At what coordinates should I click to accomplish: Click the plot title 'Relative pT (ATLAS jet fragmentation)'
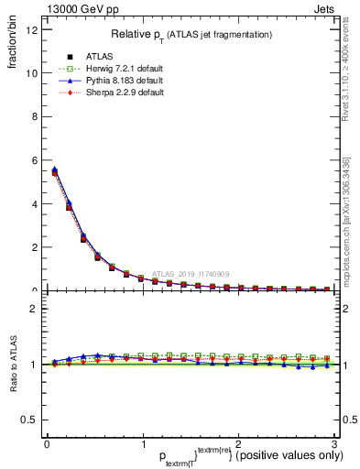[x=191, y=34]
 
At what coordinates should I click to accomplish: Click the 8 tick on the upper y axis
[x=33, y=116]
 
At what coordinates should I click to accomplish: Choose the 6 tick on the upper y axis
[x=33, y=160]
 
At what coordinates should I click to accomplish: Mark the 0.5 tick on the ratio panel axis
[x=28, y=420]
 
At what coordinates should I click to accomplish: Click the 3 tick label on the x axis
[x=333, y=443]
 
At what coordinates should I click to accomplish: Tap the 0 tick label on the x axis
[x=47, y=443]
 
